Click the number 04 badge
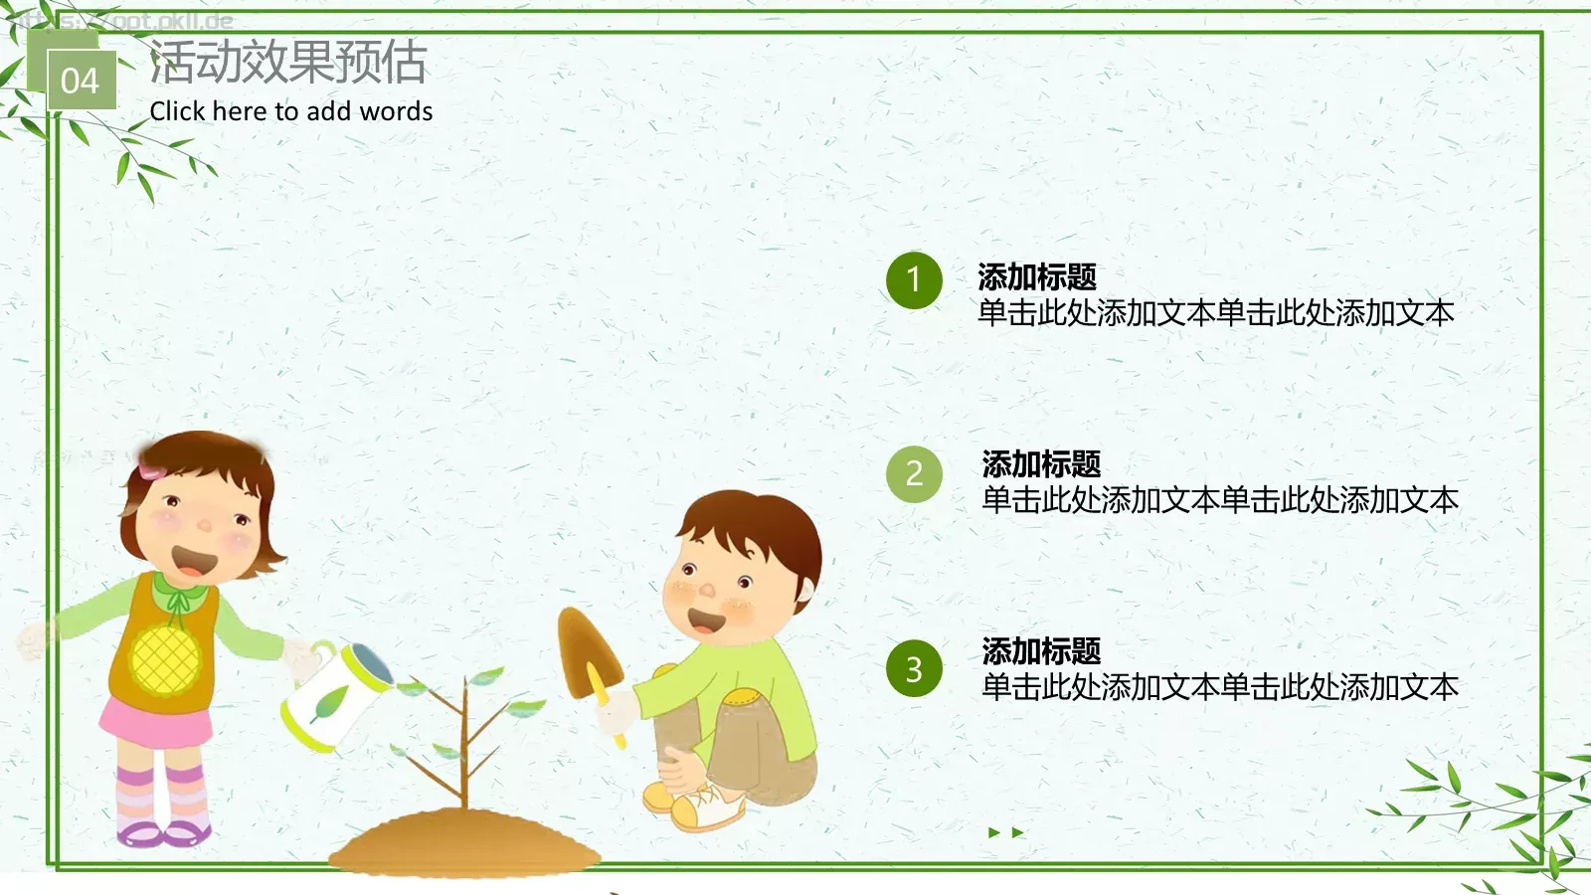pyautogui.click(x=81, y=80)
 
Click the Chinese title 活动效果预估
pyautogui.click(x=288, y=62)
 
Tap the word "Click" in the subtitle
pyautogui.click(x=177, y=111)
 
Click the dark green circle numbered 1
pyautogui.click(x=914, y=280)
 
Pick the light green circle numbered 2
pyautogui.click(x=914, y=474)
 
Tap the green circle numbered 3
pyautogui.click(x=914, y=669)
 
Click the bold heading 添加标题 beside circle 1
pyautogui.click(x=1037, y=276)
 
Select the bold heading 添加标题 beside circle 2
pyautogui.click(x=1041, y=463)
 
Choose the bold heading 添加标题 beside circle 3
pyautogui.click(x=1041, y=651)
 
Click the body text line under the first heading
pyautogui.click(x=1215, y=313)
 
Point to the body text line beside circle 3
pyautogui.click(x=1219, y=687)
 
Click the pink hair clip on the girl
pyautogui.click(x=152, y=470)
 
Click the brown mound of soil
pyautogui.click(x=464, y=845)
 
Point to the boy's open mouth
pyautogui.click(x=707, y=623)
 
